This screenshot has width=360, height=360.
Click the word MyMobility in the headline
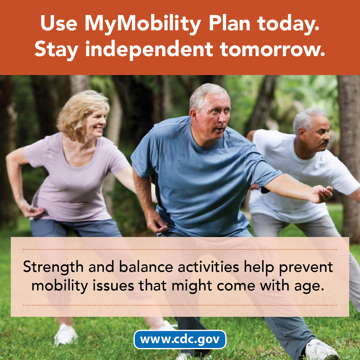pos(142,24)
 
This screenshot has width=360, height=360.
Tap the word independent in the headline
pos(149,49)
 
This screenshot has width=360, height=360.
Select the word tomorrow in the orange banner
pos(272,49)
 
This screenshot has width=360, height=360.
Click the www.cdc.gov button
pos(180,339)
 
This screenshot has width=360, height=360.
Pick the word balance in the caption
pos(146,266)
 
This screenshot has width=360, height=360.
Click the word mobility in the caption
pos(60,286)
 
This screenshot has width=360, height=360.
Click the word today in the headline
pos(288,24)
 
